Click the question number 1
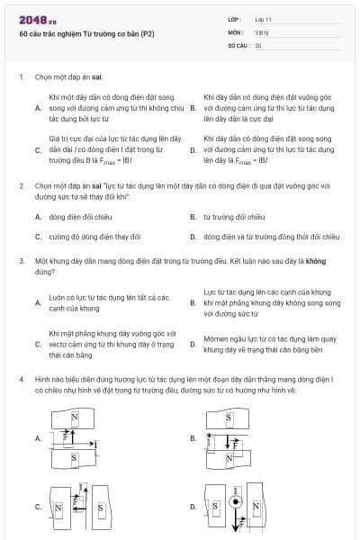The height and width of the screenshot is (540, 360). pyautogui.click(x=21, y=77)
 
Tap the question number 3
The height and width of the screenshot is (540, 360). pyautogui.click(x=21, y=259)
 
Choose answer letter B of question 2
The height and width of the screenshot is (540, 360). pyautogui.click(x=193, y=217)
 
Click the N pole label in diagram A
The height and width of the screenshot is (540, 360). pyautogui.click(x=75, y=418)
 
